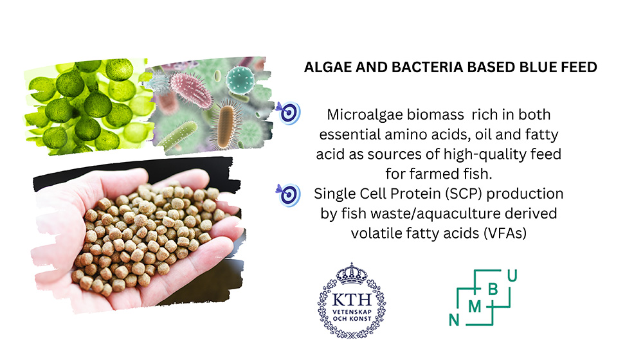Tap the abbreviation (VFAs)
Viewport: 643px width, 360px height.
point(505,233)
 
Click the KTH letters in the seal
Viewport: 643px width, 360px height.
point(352,300)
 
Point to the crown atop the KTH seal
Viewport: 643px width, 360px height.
point(352,273)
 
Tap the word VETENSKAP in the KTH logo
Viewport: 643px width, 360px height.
point(352,312)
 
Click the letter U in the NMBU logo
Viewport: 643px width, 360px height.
point(512,276)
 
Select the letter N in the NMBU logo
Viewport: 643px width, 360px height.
point(454,319)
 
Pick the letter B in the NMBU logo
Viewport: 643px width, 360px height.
point(493,289)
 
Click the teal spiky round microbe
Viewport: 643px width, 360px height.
point(240,80)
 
